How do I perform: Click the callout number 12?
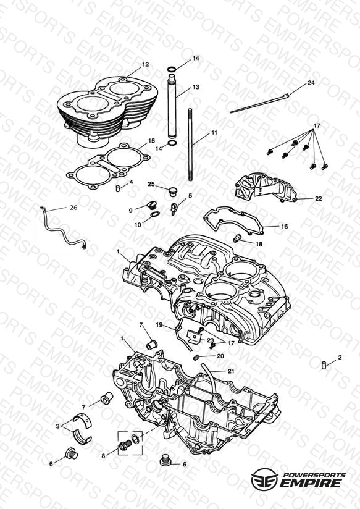pos(146,65)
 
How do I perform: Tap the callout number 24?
pos(311,83)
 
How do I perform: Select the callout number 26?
pos(73,208)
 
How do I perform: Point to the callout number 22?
pos(319,198)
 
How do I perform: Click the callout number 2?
pos(340,358)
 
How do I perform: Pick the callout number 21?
pos(231,371)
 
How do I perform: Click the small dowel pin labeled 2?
pos(324,365)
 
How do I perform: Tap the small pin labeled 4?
pos(118,188)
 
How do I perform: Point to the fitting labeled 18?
pos(238,238)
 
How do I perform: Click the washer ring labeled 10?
pos(155,214)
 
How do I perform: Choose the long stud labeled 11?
pos(190,145)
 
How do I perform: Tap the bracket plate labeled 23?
pos(193,337)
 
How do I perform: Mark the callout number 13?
pos(195,87)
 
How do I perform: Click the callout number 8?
pos(103,456)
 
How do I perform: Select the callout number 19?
pos(159,325)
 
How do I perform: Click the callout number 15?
pos(152,141)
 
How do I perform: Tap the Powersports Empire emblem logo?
pos(264,479)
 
